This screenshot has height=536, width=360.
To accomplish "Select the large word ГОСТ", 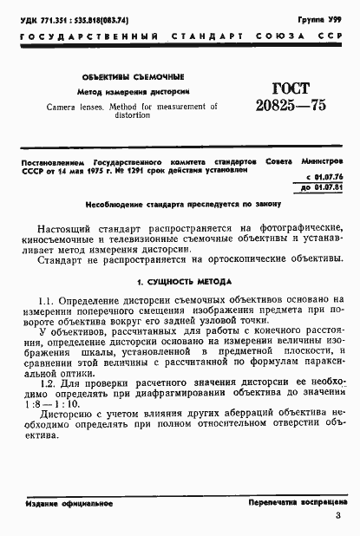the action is [285, 88].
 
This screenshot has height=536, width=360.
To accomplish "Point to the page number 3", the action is [337, 519].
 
